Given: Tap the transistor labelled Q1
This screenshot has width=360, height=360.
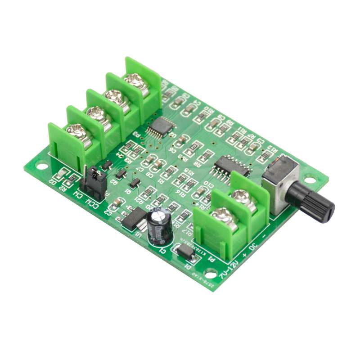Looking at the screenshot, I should (134, 184).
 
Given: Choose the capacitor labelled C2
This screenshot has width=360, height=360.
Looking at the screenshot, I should (117, 203).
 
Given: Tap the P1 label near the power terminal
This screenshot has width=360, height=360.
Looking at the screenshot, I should (214, 260).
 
